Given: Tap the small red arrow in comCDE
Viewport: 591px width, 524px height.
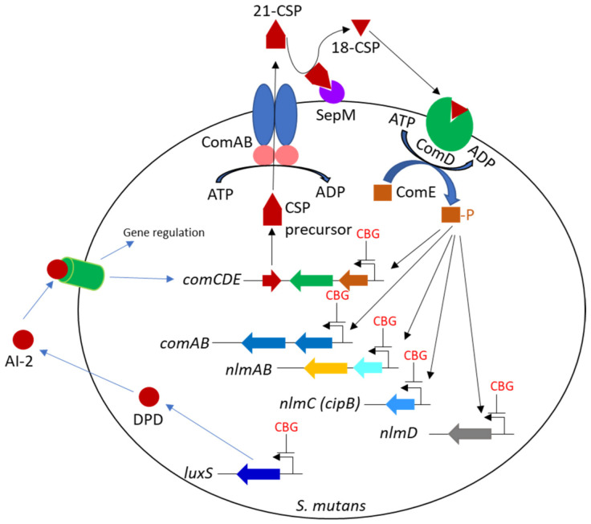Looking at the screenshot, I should [x=271, y=280].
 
